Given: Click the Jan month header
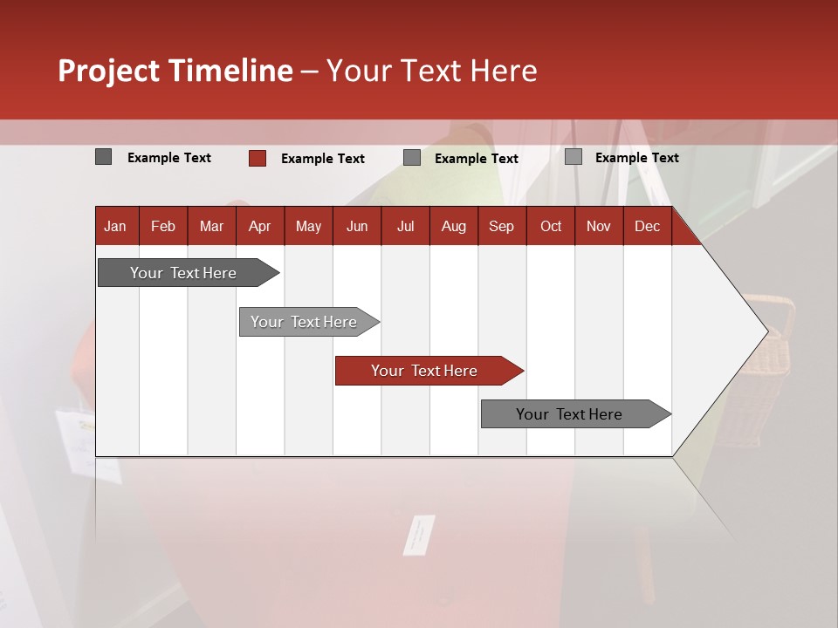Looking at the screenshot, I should point(115,226).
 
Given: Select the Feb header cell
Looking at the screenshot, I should point(163,226).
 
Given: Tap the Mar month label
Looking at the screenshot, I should point(211,226).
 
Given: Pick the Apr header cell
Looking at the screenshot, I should point(260,226).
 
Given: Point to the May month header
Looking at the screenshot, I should point(308,226).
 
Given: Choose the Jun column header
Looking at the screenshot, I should point(357,226).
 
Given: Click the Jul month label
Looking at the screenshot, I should point(405,226).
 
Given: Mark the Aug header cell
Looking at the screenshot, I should point(454,226).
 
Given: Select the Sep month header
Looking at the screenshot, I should point(502,226).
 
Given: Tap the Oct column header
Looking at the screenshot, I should point(551,226).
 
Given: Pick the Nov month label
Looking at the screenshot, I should point(599,226).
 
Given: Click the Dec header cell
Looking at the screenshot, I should point(648,226).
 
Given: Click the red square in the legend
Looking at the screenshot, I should point(258,158).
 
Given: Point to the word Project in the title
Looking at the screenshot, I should point(110,71).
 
